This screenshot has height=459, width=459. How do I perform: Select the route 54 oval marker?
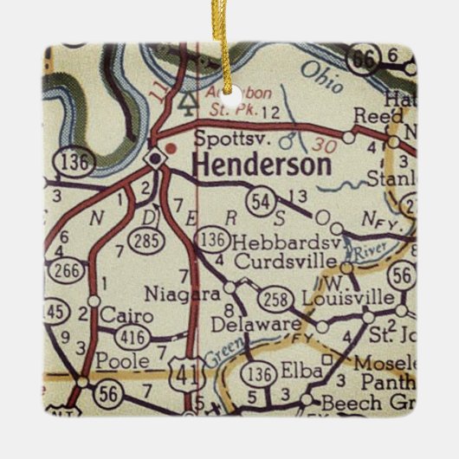coord(258,202)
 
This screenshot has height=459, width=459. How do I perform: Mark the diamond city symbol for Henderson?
coord(154,158)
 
